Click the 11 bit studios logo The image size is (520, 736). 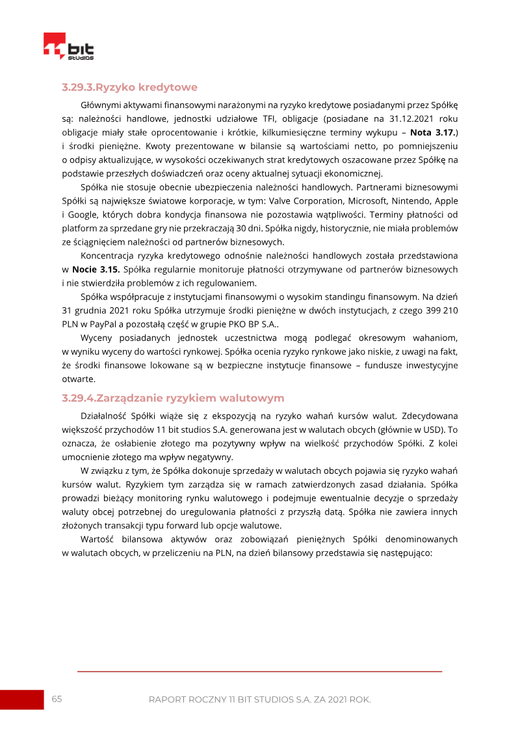(68, 48)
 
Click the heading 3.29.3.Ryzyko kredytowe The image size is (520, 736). (129, 87)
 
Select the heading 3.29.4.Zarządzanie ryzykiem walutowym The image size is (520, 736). (173, 398)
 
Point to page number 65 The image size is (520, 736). (57, 699)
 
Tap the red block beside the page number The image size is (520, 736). (21, 700)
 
